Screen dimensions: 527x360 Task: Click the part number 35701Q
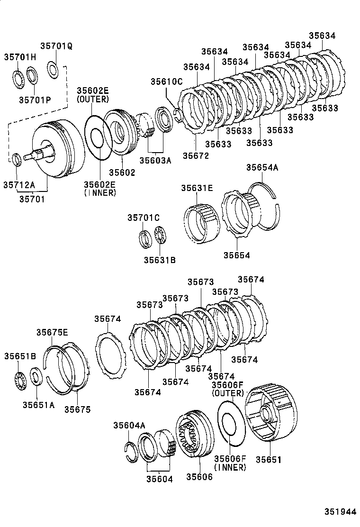coord(56,46)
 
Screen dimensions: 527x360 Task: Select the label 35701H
coord(20,57)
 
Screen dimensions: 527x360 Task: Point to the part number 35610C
coord(166,82)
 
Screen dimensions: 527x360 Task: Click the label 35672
coord(196,155)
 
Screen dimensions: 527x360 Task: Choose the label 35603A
coord(155,161)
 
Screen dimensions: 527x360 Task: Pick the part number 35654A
coord(262,167)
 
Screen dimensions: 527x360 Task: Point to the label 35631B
coord(160,260)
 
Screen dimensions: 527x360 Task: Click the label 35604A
coord(129,425)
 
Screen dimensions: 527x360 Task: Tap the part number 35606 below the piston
coord(199,477)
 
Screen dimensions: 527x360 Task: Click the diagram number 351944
coord(340,512)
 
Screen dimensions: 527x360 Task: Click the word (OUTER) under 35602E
coord(93,99)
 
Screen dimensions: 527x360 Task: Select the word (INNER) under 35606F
coord(230,467)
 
